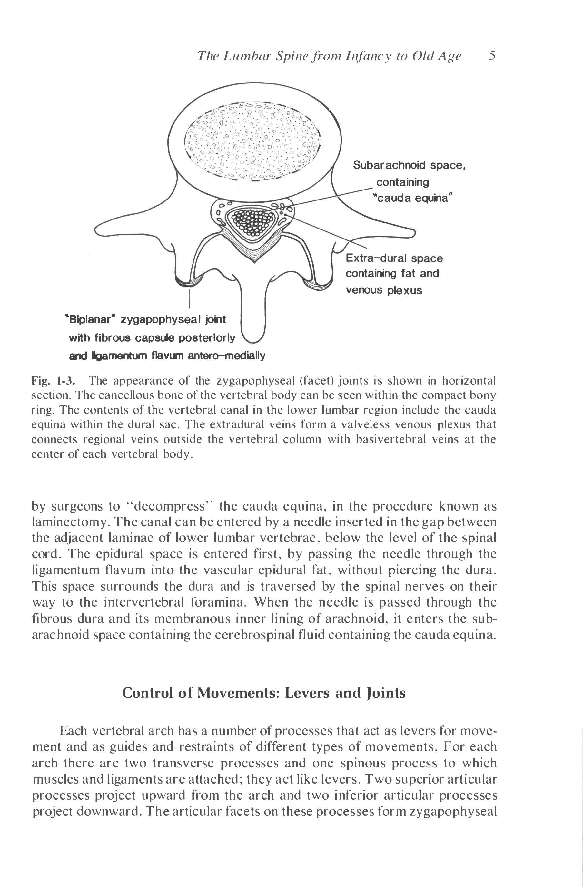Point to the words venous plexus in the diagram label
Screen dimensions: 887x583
coord(384,290)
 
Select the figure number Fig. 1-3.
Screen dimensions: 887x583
coord(53,381)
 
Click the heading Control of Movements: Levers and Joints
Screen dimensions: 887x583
coord(263,693)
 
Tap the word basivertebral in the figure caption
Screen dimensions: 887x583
coord(390,439)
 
